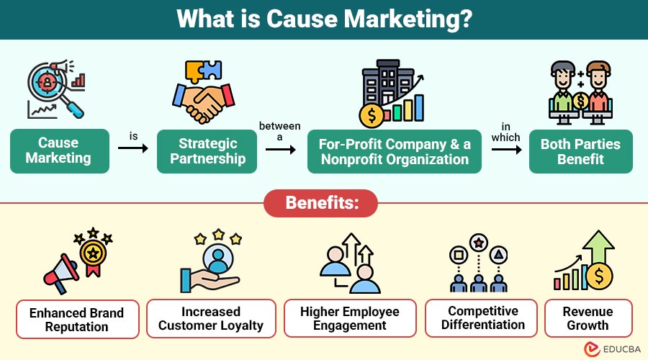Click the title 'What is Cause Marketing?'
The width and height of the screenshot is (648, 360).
pos(324,19)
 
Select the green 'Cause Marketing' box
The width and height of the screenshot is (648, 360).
pos(59,151)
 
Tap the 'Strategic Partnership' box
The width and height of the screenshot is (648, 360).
pos(207,151)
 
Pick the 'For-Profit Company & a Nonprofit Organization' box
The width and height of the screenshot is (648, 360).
pos(395,151)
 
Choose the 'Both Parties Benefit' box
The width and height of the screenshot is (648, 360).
pos(580,151)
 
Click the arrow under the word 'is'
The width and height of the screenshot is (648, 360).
pos(132,148)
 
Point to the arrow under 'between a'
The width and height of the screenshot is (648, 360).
pos(281,150)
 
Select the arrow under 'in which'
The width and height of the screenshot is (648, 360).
pos(506,150)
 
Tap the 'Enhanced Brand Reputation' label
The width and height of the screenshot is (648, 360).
pos(77,320)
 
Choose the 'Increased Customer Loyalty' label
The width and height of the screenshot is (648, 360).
pos(211,319)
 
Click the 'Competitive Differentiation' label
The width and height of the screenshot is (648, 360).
pos(482,318)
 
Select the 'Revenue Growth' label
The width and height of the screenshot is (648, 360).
pos(588,318)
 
